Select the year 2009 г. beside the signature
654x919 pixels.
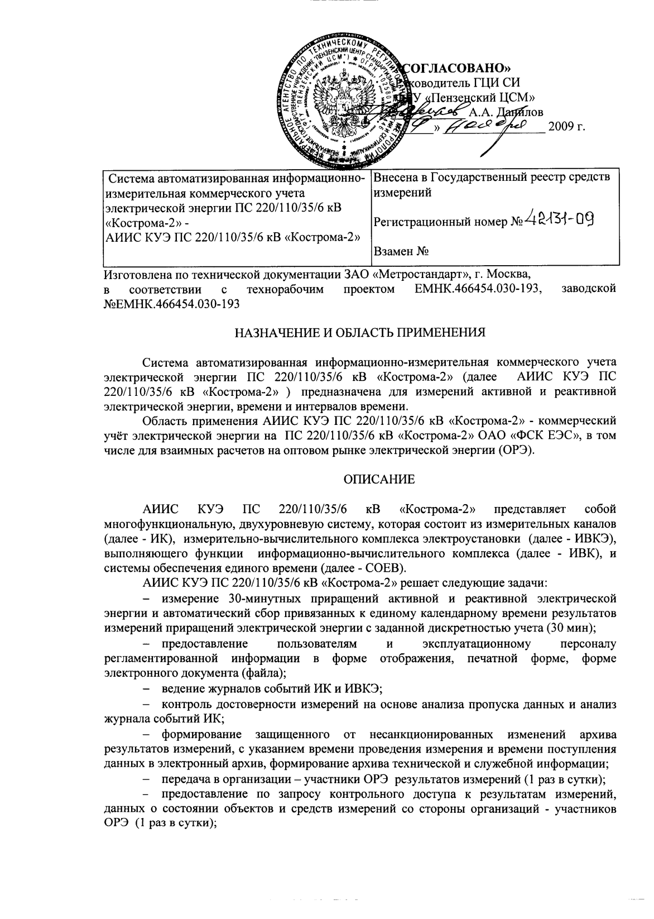(566, 127)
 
